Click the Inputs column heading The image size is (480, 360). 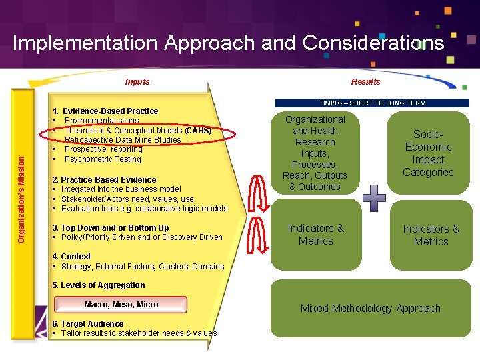coord(137,82)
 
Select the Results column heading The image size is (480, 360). coord(365,82)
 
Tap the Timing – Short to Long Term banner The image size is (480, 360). coord(372,103)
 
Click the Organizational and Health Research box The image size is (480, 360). coord(315,153)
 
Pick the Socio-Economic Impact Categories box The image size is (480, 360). coord(428,153)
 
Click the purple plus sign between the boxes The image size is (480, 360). coord(374,198)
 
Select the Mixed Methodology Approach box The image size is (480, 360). coord(370,308)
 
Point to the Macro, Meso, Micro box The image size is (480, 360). coord(121,305)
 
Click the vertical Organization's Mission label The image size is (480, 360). coord(21,190)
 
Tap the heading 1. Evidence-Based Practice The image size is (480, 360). coord(105,111)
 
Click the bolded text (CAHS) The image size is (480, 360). coord(198,131)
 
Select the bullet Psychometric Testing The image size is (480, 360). coord(103,159)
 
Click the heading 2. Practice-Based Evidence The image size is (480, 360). coord(104,180)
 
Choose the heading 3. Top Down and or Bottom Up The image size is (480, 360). coord(111,228)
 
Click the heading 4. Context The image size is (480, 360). coord(71,257)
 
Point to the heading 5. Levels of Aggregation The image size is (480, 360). coord(99,285)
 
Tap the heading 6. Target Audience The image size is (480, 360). coord(87,324)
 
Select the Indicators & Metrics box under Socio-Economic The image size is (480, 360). coord(431,235)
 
